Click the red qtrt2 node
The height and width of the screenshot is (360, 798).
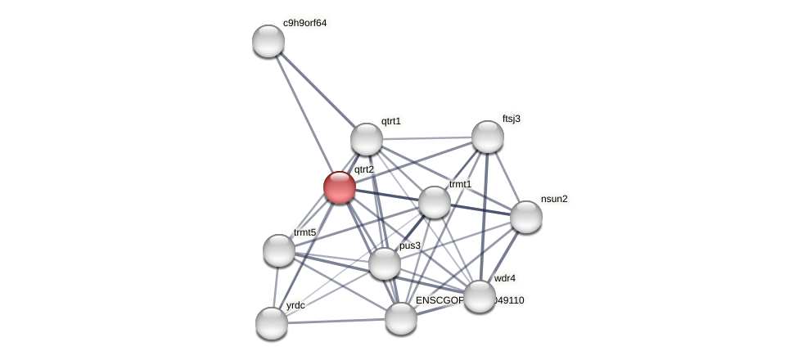pyautogui.click(x=340, y=187)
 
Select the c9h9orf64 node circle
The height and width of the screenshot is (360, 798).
pyautogui.click(x=268, y=41)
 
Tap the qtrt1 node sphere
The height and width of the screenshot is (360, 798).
pyautogui.click(x=367, y=139)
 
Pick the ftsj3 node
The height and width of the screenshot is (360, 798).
pyautogui.click(x=488, y=137)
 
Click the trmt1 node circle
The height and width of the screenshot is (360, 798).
pyautogui.click(x=435, y=202)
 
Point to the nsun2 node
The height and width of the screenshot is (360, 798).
pyautogui.click(x=526, y=217)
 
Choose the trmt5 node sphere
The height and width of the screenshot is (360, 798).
pyautogui.click(x=279, y=250)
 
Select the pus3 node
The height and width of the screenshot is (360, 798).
pyautogui.click(x=385, y=263)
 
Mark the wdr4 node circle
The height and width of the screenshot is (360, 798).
pyautogui.click(x=480, y=296)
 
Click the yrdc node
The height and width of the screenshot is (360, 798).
pyautogui.click(x=272, y=323)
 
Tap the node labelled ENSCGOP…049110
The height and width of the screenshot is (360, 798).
pyautogui.click(x=401, y=318)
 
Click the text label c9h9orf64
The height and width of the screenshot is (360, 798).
pyautogui.click(x=304, y=23)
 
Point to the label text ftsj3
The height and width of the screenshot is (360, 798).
pyautogui.click(x=512, y=119)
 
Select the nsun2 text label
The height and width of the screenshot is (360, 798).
pyautogui.click(x=554, y=199)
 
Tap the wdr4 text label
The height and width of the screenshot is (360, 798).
pyautogui.click(x=505, y=278)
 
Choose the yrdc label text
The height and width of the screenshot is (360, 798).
pyautogui.click(x=295, y=305)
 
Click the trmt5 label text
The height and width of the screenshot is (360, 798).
pyautogui.click(x=304, y=232)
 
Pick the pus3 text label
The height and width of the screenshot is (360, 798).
pyautogui.click(x=410, y=245)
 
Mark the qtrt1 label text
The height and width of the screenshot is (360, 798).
pyautogui.click(x=391, y=121)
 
